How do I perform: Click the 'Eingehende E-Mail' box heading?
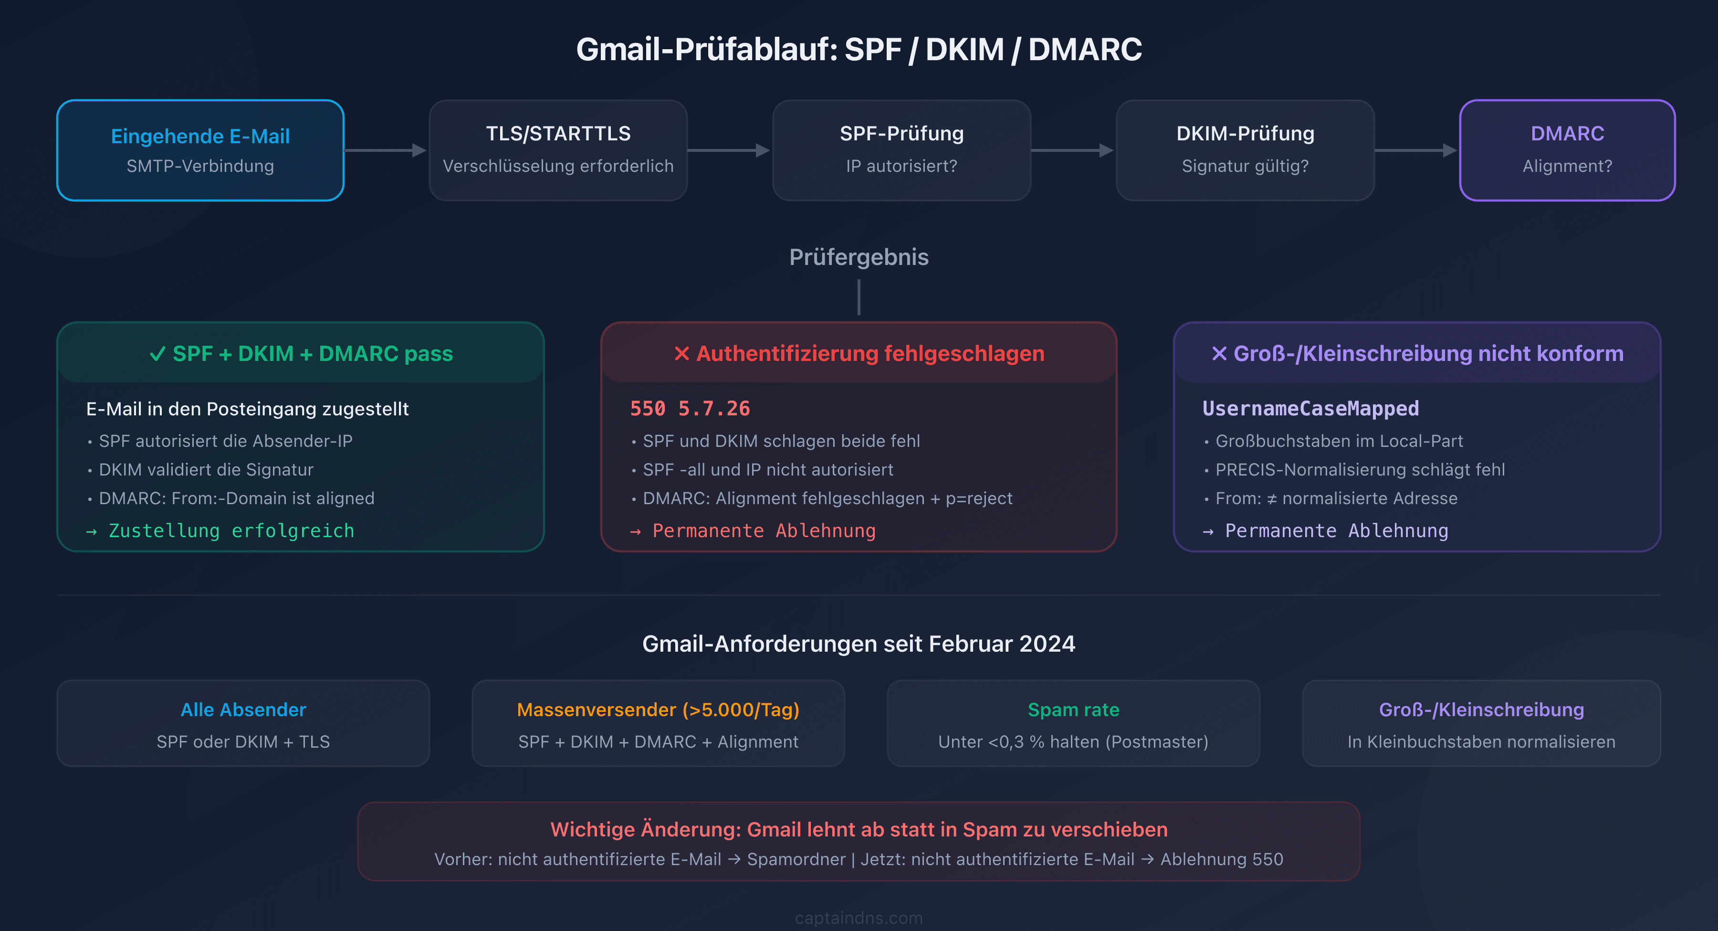(x=200, y=136)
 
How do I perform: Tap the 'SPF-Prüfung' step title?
(x=901, y=134)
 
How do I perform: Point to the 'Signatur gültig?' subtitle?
(x=1245, y=166)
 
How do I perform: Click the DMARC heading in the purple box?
(x=1567, y=134)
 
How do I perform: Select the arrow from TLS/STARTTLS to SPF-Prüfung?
(x=729, y=151)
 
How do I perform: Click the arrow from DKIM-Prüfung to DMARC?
(x=1416, y=151)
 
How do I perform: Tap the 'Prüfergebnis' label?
(x=859, y=257)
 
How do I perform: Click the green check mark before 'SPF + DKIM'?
(x=157, y=354)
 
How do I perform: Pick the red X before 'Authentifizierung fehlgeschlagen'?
(x=681, y=354)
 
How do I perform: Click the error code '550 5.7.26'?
(x=690, y=408)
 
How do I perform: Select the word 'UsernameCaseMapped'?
(x=1310, y=408)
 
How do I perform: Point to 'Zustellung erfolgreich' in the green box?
(x=231, y=530)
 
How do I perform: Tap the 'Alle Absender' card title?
(x=243, y=709)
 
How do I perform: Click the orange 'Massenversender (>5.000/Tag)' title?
(x=658, y=709)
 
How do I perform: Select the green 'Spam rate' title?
(x=1073, y=709)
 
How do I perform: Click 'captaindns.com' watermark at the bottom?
(x=859, y=918)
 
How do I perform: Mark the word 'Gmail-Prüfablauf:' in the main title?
(x=706, y=49)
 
